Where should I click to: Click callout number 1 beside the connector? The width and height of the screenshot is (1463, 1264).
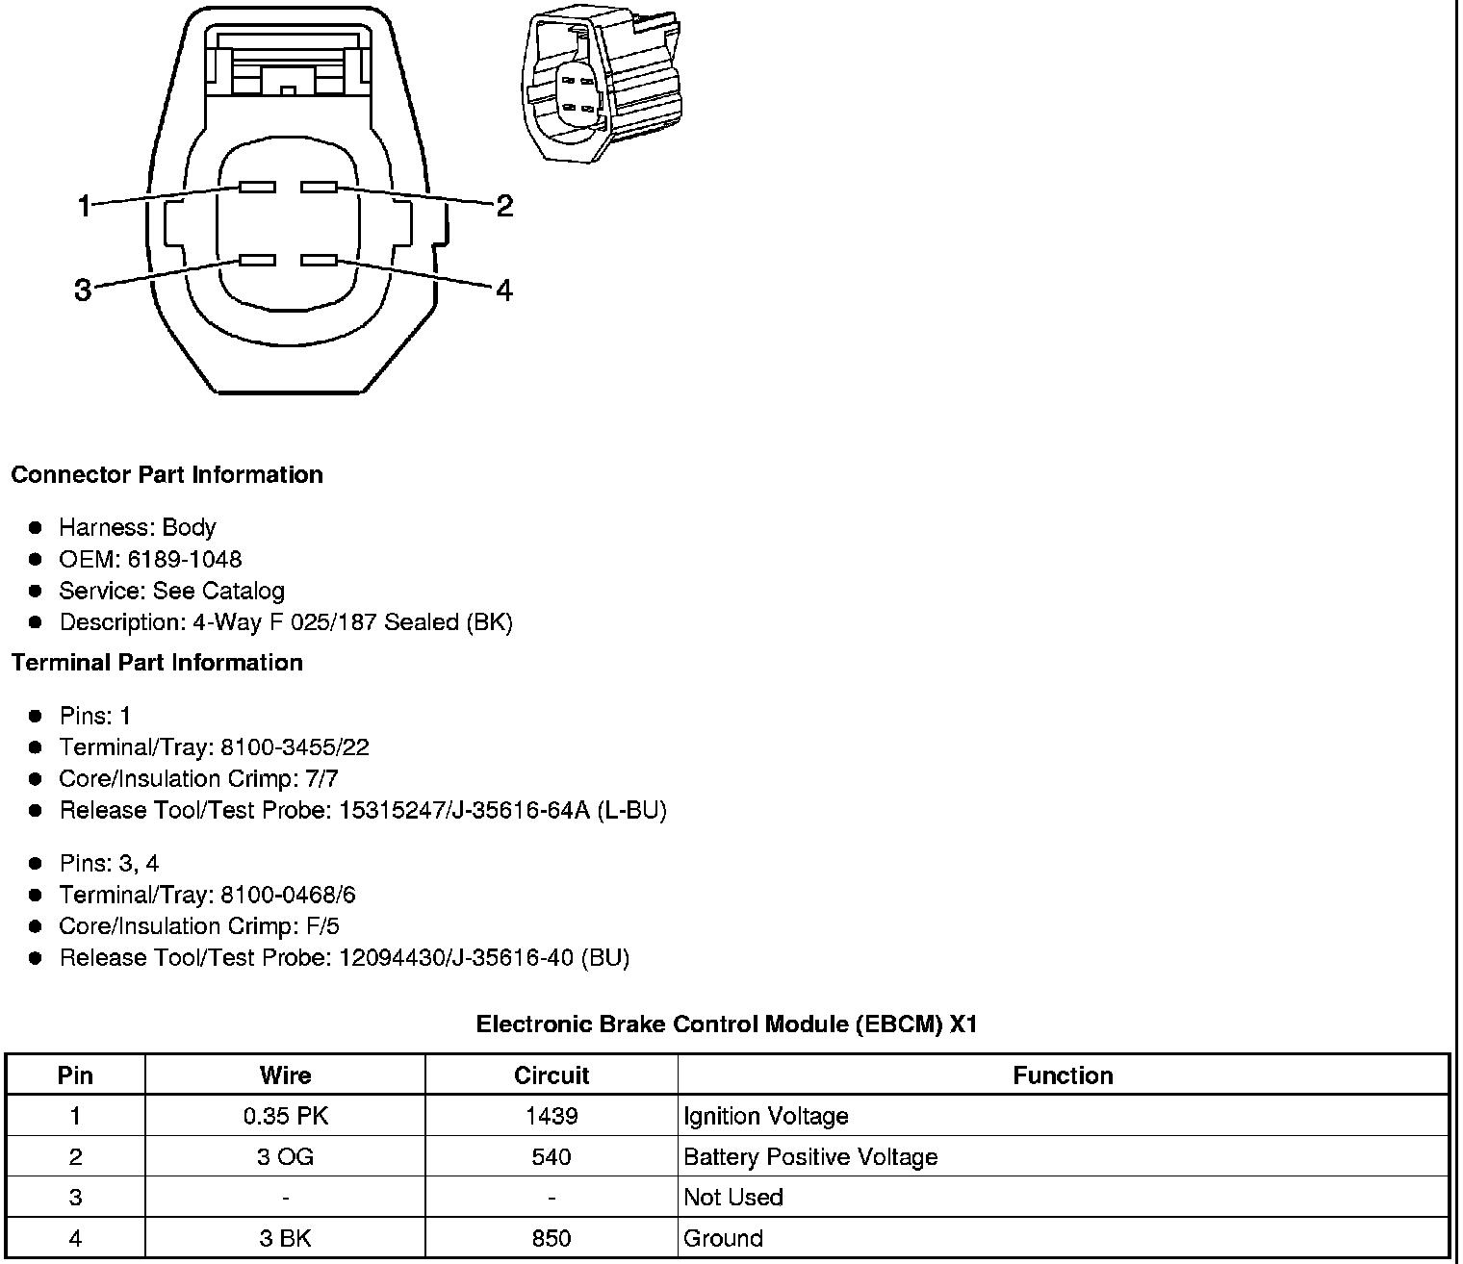[85, 205]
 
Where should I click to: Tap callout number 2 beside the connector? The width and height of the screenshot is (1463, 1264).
[504, 205]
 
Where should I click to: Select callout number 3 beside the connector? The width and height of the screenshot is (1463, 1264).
[83, 289]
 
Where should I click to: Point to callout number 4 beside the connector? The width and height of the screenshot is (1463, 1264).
[504, 289]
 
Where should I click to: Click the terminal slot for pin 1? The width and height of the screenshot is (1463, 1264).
[257, 187]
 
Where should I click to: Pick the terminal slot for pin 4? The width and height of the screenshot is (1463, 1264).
[319, 260]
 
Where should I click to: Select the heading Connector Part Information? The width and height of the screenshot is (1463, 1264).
[167, 474]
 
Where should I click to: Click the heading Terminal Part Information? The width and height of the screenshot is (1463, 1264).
[157, 663]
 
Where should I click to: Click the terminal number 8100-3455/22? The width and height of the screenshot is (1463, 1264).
[295, 747]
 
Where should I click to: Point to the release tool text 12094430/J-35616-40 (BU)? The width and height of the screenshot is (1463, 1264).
[484, 958]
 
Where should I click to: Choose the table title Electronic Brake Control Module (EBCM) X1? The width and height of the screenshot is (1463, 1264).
[727, 1024]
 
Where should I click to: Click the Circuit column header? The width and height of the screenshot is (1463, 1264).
[551, 1075]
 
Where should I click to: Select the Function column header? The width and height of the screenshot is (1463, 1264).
[1063, 1075]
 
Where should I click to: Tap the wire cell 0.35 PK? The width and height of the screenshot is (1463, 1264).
[285, 1116]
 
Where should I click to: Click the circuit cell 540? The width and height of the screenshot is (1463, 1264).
[551, 1156]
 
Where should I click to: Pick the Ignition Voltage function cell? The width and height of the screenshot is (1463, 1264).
[766, 1116]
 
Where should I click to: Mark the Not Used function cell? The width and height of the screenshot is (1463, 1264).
[733, 1197]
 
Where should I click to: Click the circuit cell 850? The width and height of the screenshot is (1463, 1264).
[551, 1238]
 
